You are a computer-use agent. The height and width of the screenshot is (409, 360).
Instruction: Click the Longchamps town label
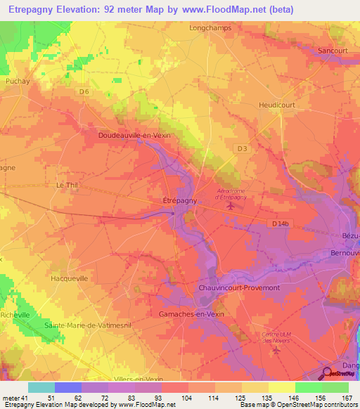pyautogui.click(x=210, y=29)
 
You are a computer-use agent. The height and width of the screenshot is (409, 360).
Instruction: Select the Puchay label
pyautogui.click(x=15, y=81)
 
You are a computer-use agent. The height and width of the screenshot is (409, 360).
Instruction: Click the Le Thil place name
pyautogui.click(x=68, y=185)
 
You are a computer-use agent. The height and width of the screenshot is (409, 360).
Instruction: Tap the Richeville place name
pyautogui.click(x=15, y=315)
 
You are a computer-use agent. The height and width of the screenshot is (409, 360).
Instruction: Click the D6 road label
pyautogui.click(x=84, y=91)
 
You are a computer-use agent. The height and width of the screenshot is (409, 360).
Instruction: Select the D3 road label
pyautogui.click(x=242, y=148)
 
